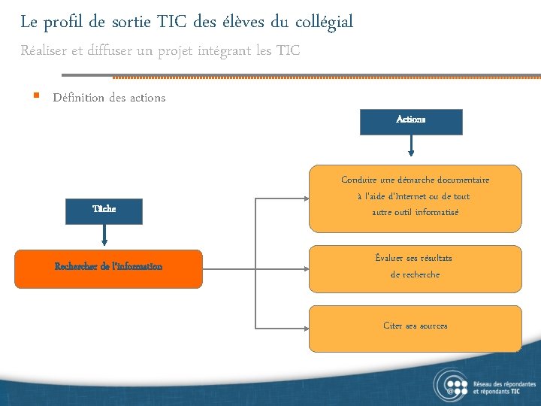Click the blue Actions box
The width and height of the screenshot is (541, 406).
point(411,121)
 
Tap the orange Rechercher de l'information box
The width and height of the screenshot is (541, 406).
point(108,268)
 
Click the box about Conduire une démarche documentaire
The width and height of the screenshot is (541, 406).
point(416,198)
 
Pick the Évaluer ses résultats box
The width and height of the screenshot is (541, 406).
point(416,268)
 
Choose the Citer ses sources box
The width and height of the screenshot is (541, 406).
point(416,329)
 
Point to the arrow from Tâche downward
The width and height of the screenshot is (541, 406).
point(104,236)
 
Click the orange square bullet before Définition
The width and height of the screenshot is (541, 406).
point(35,96)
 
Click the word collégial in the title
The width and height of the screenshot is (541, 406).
point(323,23)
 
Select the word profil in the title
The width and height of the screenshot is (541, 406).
point(64,23)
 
